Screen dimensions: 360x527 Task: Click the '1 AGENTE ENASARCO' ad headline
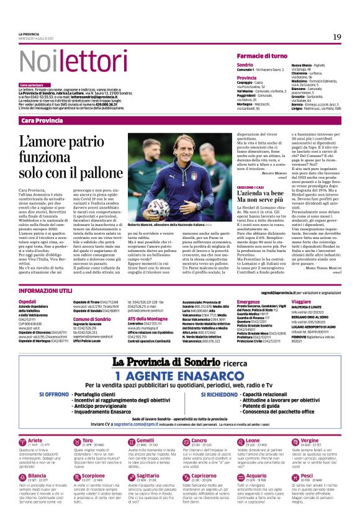[x=179, y=374]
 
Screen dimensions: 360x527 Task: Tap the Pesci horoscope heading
[x=305, y=475]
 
